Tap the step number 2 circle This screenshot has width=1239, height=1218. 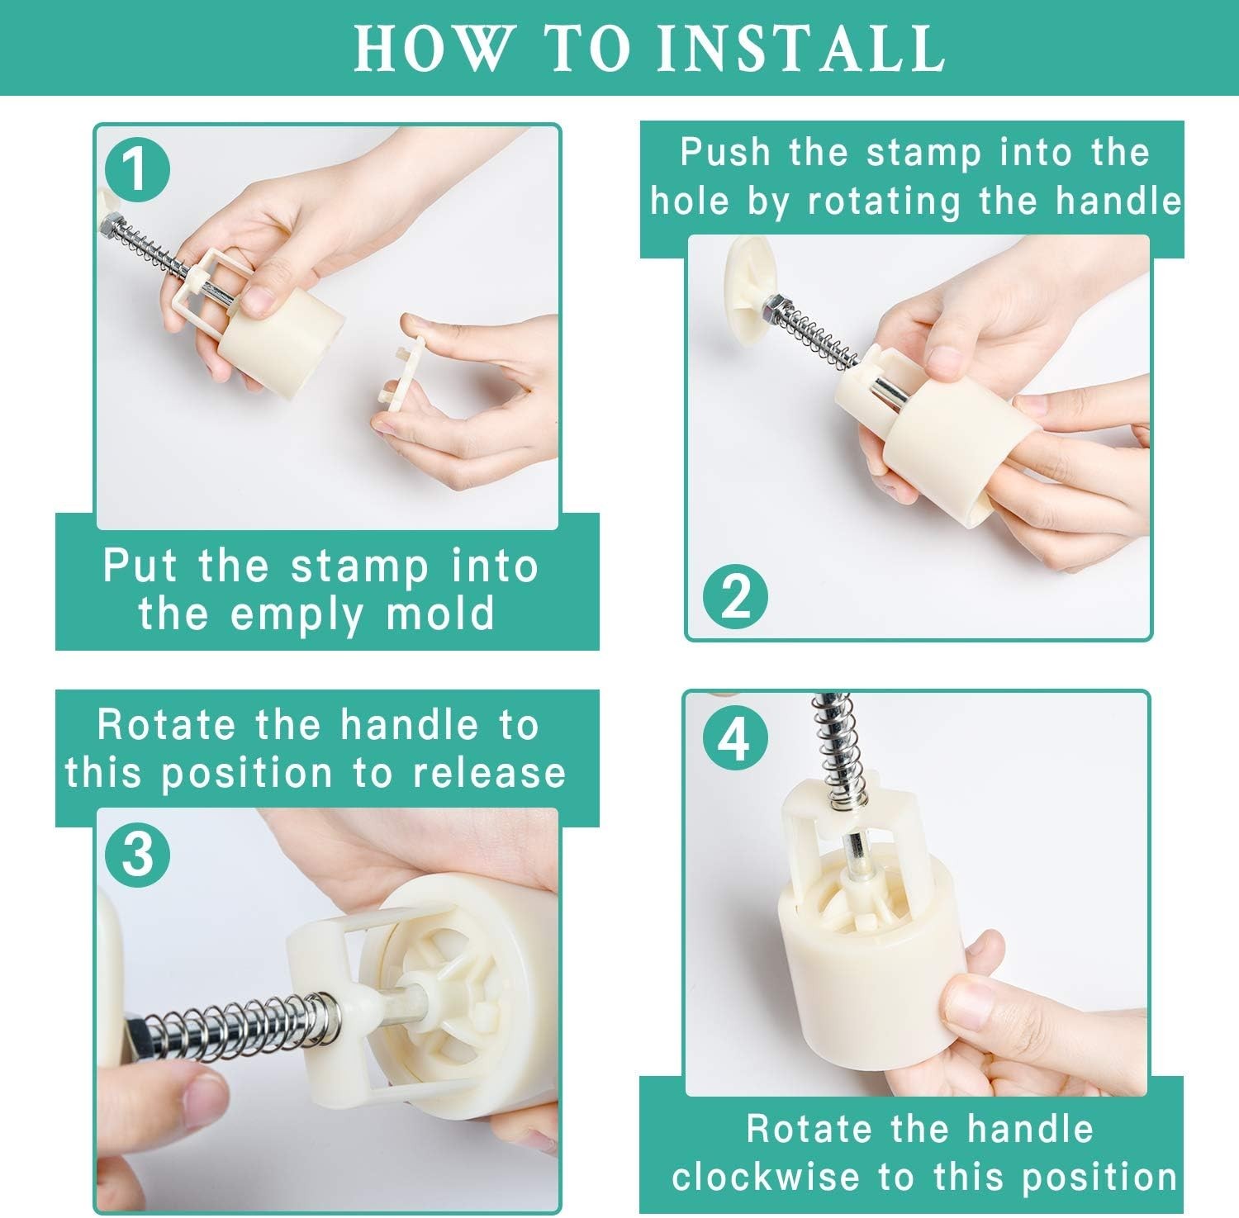pos(735,597)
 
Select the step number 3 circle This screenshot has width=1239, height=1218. pos(138,855)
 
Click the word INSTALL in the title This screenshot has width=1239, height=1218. pos(801,49)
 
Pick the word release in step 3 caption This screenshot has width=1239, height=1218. pos(491,773)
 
